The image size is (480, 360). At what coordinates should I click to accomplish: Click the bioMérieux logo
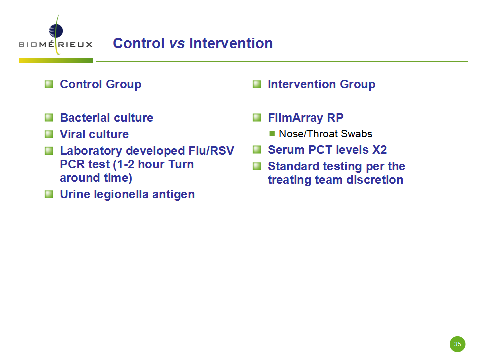[x=55, y=38]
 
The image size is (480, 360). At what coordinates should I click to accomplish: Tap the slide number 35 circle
[x=457, y=344]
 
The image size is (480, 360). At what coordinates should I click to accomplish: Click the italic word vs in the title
[x=177, y=43]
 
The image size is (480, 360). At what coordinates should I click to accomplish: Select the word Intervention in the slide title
[x=231, y=43]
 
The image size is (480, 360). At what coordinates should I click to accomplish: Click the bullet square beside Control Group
[x=49, y=84]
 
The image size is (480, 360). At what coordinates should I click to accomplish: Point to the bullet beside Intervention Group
[x=257, y=84]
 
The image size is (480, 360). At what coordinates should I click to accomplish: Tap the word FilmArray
[x=295, y=118]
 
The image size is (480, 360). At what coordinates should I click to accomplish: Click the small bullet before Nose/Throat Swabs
[x=272, y=134]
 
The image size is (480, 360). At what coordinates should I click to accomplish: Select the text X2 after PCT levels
[x=379, y=150]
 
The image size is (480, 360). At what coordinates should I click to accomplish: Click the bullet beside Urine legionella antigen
[x=49, y=194]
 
